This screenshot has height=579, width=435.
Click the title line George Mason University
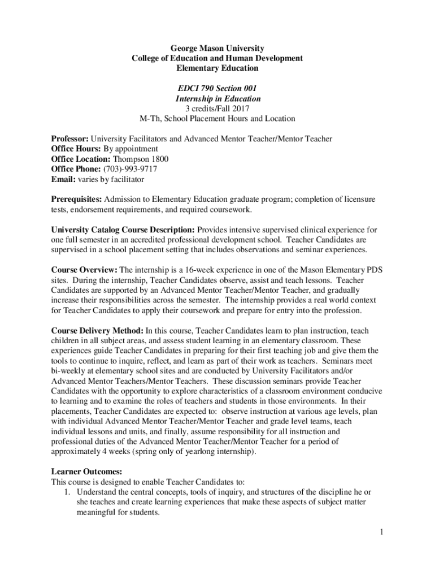(x=217, y=48)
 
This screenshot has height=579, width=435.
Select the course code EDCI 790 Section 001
(x=217, y=88)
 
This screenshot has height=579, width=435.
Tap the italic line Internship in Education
(x=217, y=98)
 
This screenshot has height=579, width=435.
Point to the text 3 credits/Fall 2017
(x=217, y=109)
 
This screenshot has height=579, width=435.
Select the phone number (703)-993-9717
(x=130, y=169)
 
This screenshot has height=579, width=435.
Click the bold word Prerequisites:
(x=76, y=200)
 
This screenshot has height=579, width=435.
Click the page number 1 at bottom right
(x=382, y=532)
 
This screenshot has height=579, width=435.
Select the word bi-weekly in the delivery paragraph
(x=70, y=370)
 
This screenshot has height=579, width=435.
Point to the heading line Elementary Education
(x=217, y=68)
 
